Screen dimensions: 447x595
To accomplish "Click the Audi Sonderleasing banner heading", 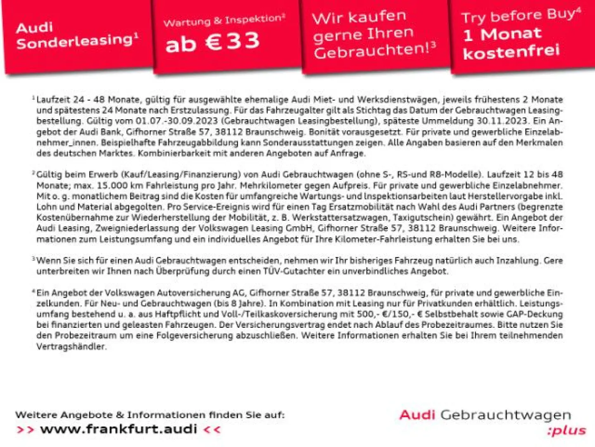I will click(76, 35).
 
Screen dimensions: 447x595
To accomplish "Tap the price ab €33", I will click(212, 42).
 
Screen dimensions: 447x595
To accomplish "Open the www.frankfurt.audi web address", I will click(119, 429).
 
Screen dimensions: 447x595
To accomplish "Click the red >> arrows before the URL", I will click(25, 430).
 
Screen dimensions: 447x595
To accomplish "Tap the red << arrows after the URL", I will click(212, 430).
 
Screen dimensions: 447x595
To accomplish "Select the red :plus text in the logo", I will click(566, 431).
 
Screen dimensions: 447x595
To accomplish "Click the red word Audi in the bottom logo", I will click(417, 415).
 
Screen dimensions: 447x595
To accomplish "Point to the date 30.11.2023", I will click(502, 121).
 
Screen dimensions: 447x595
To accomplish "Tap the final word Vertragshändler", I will click(71, 346).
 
